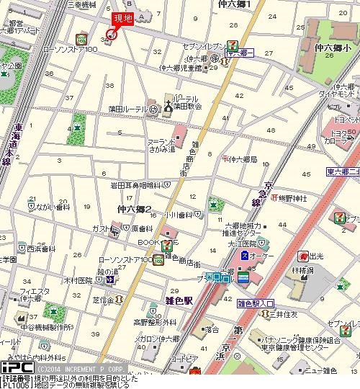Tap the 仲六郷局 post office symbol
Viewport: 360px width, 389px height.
[226, 158]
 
